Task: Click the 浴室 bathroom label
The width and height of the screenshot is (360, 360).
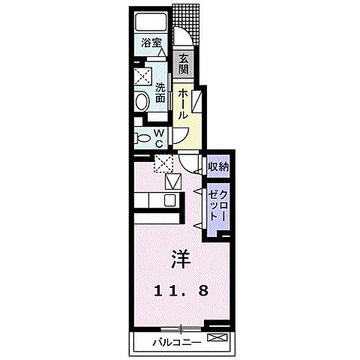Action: pos(152,43)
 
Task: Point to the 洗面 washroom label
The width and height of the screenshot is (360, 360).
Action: pos(160,92)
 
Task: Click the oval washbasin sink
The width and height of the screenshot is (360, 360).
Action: pos(143,103)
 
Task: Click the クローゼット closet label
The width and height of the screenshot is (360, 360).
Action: pos(217,204)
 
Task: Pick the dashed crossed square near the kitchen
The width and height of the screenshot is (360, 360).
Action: pos(163,164)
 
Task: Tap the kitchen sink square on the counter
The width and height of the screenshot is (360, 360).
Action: pos(169,200)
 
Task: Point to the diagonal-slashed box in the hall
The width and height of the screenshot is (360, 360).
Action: pos(196,102)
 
